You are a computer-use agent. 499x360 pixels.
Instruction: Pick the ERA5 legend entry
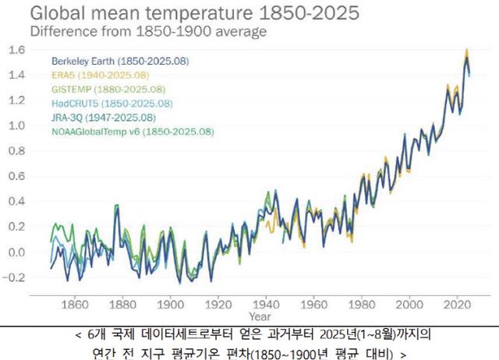[x=101, y=75]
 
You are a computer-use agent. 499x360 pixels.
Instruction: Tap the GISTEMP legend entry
[x=108, y=89]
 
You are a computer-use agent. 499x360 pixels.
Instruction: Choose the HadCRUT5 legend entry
[x=111, y=103]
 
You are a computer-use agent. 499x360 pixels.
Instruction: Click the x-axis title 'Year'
[x=260, y=317]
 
